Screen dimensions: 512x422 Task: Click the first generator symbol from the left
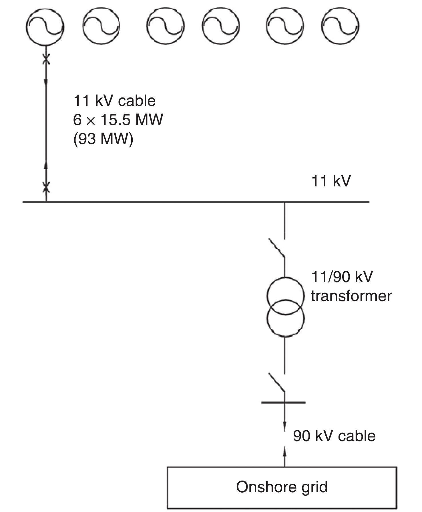tap(45, 26)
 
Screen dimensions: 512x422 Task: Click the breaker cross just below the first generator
tap(46, 60)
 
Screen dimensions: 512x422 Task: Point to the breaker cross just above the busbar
tap(46, 188)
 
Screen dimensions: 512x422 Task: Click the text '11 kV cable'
tap(114, 101)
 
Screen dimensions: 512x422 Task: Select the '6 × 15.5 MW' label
tap(118, 120)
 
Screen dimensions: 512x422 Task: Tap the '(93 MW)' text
tap(103, 139)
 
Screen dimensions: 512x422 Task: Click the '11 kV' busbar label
tap(331, 181)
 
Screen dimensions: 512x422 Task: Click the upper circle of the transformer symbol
tap(285, 296)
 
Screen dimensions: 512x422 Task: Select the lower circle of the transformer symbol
tap(285, 318)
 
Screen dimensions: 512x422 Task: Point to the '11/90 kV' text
tap(342, 277)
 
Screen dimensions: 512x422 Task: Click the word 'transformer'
tap(351, 296)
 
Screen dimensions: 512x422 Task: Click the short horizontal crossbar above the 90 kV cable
tap(283, 403)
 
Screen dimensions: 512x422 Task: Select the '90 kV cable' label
tap(334, 436)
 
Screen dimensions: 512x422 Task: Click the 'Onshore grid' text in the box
tap(282, 487)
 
